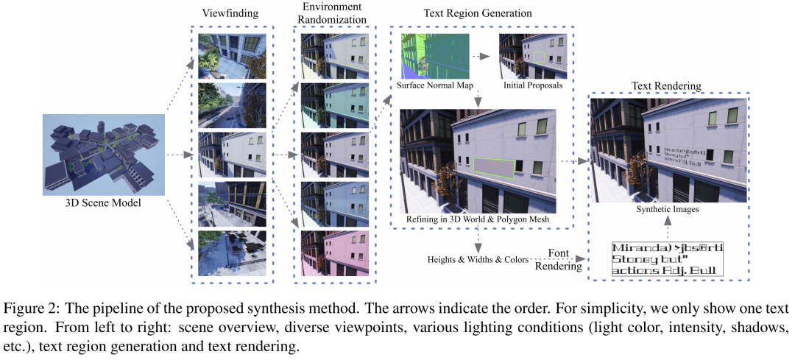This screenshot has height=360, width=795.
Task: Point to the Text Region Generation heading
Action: coord(477,14)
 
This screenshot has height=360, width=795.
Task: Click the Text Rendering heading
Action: coord(666,85)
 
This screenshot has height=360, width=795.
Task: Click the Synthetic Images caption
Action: coord(667,211)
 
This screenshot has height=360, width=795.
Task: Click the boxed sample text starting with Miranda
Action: coord(667,258)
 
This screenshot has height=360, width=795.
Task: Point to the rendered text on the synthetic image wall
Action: coord(683,156)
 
